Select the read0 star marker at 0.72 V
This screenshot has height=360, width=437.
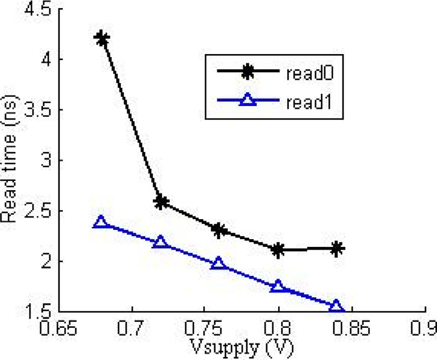161,202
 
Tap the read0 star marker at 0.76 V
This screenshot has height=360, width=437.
219,230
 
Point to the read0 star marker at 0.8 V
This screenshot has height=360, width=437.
278,250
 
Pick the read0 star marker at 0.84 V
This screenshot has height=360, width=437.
337,249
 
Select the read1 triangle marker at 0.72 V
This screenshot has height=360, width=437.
161,242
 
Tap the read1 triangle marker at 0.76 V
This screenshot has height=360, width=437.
219,264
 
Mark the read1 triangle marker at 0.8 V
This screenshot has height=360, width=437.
278,286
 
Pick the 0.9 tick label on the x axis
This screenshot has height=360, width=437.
425,329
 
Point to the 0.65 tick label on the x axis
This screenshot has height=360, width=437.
60,329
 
